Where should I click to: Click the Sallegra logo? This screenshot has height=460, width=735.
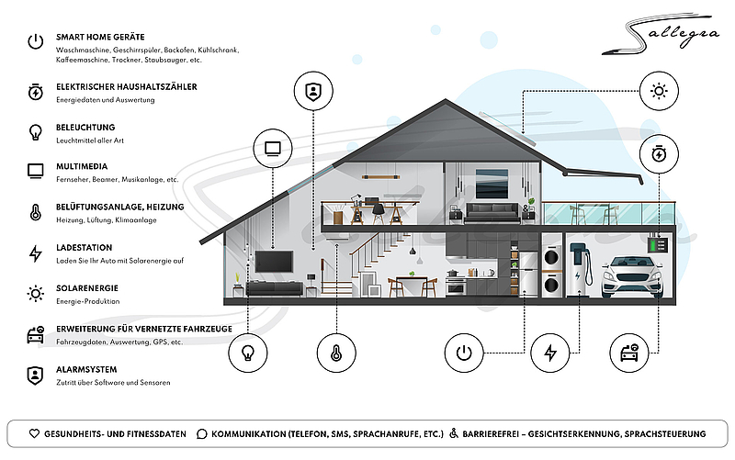point(661,34)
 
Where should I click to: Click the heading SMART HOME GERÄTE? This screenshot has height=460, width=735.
point(100,37)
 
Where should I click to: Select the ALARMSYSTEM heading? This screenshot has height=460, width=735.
point(86,370)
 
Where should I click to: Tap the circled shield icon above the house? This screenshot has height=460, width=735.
point(313,91)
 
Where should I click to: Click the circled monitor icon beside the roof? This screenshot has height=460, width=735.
point(273,149)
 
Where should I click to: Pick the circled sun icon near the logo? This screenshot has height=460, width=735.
point(659,91)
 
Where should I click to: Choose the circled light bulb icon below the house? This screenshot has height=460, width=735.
point(248,353)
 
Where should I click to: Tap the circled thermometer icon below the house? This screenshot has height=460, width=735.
point(336,353)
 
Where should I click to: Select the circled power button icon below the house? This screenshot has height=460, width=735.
point(464,353)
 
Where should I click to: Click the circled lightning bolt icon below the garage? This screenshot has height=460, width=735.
point(550,353)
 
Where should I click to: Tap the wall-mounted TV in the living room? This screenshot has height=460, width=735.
point(274,262)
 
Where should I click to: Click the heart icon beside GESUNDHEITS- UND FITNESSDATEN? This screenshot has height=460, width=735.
point(34,433)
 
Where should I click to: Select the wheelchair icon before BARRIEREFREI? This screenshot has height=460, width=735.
point(453,433)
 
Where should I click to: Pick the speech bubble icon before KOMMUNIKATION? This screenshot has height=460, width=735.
point(201,434)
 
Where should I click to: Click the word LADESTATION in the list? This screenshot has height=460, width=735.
point(85,248)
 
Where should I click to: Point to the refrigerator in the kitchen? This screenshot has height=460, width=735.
point(528,274)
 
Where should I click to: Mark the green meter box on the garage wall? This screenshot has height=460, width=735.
point(658,244)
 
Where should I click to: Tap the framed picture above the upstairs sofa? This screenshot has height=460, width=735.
point(492,184)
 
